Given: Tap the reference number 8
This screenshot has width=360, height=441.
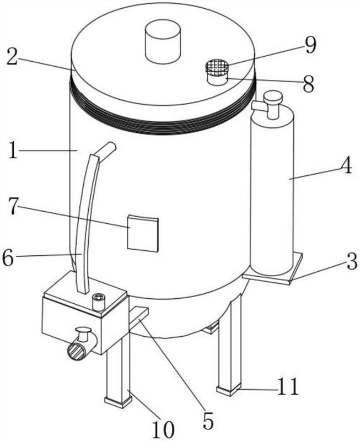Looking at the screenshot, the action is click(309, 84).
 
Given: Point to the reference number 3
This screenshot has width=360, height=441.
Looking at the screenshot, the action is click(351, 261).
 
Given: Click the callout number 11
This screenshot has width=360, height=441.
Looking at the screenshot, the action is click(288, 388).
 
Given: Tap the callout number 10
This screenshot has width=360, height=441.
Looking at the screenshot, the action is click(163, 429).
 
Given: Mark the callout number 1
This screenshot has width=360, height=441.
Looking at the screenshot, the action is click(12, 150).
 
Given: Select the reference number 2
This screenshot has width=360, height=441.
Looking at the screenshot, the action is click(13, 57).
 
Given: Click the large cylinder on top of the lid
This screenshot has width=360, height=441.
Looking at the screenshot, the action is click(163, 41).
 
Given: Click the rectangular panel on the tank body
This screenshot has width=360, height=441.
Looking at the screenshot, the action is click(143, 233).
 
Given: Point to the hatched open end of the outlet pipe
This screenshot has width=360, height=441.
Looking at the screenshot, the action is click(76, 352).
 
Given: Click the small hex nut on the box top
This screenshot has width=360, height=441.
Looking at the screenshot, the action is click(99, 301).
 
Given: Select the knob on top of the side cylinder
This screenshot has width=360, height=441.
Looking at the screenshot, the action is click(272, 97).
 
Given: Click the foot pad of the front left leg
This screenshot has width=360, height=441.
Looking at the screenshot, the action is click(118, 402).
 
